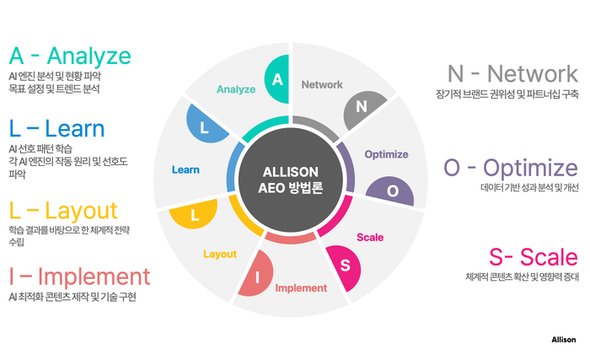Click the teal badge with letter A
(x=277, y=79)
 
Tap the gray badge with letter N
(x=362, y=108)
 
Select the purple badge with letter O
(x=391, y=191)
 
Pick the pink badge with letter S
(x=344, y=266)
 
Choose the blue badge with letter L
(x=204, y=126)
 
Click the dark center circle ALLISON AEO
(x=291, y=180)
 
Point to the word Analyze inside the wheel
(x=236, y=89)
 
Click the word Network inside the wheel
(x=322, y=84)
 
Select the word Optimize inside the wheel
(x=386, y=154)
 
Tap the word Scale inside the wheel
(x=370, y=237)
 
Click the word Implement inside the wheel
(x=301, y=288)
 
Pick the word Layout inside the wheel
(x=220, y=254)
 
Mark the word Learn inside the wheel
(x=185, y=169)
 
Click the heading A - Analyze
(x=70, y=56)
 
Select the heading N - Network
(x=512, y=73)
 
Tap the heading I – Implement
(x=80, y=277)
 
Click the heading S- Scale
(x=534, y=257)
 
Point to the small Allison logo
(x=564, y=340)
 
